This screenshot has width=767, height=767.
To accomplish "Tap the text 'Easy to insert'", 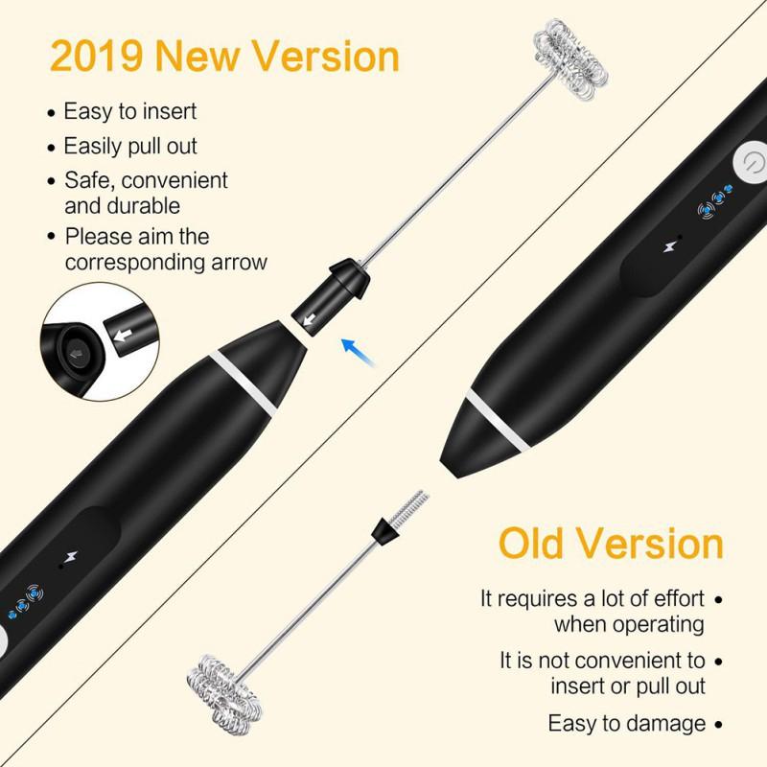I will [129, 111].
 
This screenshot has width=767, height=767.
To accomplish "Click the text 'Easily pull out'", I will [129, 146].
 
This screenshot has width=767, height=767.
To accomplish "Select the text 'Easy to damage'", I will [626, 723].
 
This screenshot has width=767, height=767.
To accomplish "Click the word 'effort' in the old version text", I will [673, 599].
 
